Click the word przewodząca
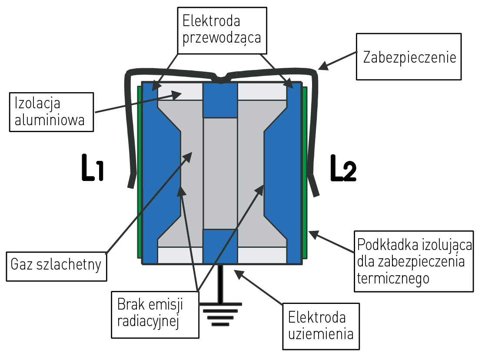(222, 38)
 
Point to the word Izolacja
(37, 103)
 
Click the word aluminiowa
(50, 120)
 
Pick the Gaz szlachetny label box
(56, 264)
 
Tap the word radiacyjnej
(149, 321)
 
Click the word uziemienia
(321, 334)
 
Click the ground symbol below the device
(221, 312)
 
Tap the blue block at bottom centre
(220, 246)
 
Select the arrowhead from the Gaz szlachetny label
(189, 155)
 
